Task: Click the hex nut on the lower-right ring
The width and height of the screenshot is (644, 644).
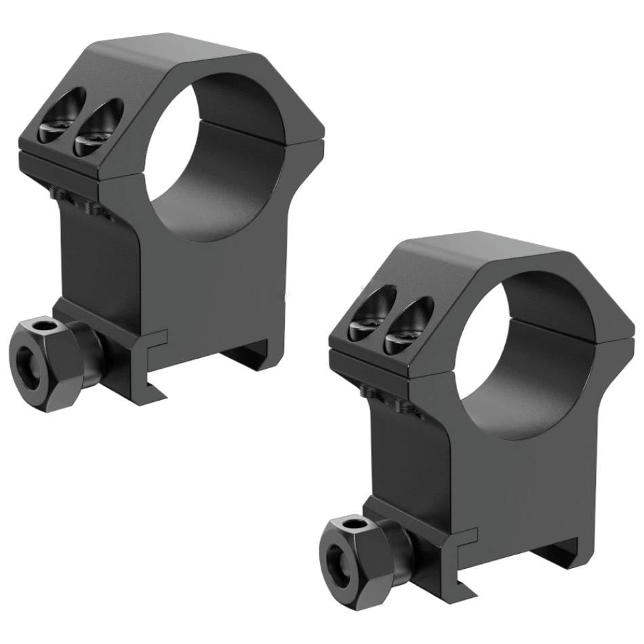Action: point(366,552)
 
